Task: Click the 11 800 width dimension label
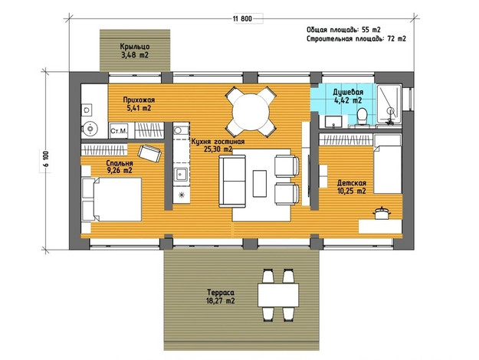242,18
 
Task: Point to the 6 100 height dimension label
46,159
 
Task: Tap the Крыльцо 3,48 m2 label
135,51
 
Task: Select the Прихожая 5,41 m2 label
139,104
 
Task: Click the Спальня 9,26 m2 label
120,167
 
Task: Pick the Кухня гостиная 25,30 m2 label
218,146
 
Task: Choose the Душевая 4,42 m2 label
348,97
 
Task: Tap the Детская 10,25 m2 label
351,187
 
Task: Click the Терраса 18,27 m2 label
221,296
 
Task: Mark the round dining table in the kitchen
251,112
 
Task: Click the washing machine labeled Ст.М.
119,131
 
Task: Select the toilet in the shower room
362,116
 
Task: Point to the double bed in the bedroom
112,199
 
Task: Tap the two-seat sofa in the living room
233,181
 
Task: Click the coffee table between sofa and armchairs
259,184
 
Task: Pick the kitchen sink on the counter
181,175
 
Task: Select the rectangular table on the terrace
278,295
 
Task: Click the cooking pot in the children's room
382,213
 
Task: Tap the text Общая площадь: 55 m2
343,30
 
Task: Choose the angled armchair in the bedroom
149,153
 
